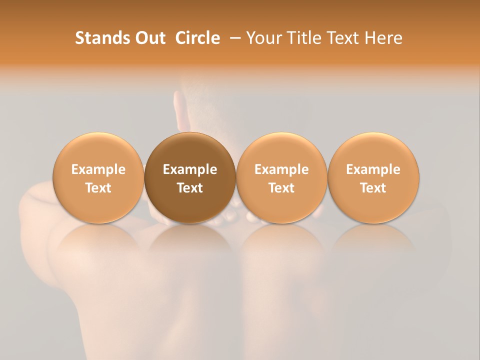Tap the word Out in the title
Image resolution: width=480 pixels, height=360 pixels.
pyautogui.click(x=149, y=38)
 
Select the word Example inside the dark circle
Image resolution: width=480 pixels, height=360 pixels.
pyautogui.click(x=190, y=169)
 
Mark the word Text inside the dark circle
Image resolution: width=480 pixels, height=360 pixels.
pyautogui.click(x=190, y=188)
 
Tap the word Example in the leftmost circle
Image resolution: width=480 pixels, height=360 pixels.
pyautogui.click(x=98, y=169)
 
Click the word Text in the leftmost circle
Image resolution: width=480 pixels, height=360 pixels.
pyautogui.click(x=98, y=188)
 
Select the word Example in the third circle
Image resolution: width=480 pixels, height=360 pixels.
pyautogui.click(x=281, y=169)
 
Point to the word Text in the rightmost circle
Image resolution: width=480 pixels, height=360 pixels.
pyautogui.click(x=373, y=188)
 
